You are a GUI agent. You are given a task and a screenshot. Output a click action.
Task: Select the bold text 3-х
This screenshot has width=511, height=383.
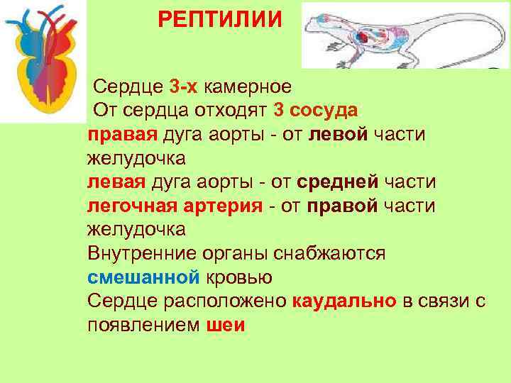coord(185,87)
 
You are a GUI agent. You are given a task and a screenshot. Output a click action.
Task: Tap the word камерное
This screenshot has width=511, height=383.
coord(248,87)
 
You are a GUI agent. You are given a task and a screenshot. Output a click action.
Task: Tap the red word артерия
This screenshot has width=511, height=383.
coord(216,206)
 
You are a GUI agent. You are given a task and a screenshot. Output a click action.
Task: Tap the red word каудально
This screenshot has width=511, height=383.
coord(344,301)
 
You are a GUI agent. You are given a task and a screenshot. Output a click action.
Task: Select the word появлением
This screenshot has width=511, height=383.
coord(144,325)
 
